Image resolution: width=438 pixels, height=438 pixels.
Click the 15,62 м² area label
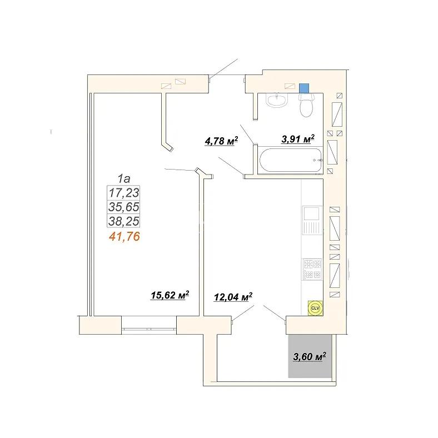coord(170,295)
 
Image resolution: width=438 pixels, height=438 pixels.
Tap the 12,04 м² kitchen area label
coord(233,297)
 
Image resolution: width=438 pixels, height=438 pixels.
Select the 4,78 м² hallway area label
coord(222,141)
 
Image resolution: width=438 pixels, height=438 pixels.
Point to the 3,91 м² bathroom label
coord(298,139)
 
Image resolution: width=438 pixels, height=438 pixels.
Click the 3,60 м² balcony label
coord(310,356)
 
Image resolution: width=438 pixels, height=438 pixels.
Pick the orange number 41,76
coord(125,237)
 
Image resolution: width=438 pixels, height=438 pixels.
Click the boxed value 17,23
coord(124,193)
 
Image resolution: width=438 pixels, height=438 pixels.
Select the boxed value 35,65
coord(124,207)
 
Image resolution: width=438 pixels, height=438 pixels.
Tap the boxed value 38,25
coord(124,221)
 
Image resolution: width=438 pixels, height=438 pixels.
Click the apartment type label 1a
coord(124,178)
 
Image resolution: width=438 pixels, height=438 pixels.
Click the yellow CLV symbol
coord(315,308)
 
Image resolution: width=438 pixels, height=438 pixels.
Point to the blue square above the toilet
coord(304,88)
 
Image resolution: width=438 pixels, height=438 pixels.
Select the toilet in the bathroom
coord(306,105)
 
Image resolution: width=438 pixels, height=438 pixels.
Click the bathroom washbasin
coord(277,100)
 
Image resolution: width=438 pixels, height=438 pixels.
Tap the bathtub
coord(291,160)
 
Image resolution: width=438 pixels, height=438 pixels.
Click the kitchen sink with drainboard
coord(312,221)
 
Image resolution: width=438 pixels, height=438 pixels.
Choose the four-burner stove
coord(312,269)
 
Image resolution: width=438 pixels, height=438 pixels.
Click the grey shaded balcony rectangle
coord(310,356)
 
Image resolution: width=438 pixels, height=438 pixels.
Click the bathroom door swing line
coord(247,134)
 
